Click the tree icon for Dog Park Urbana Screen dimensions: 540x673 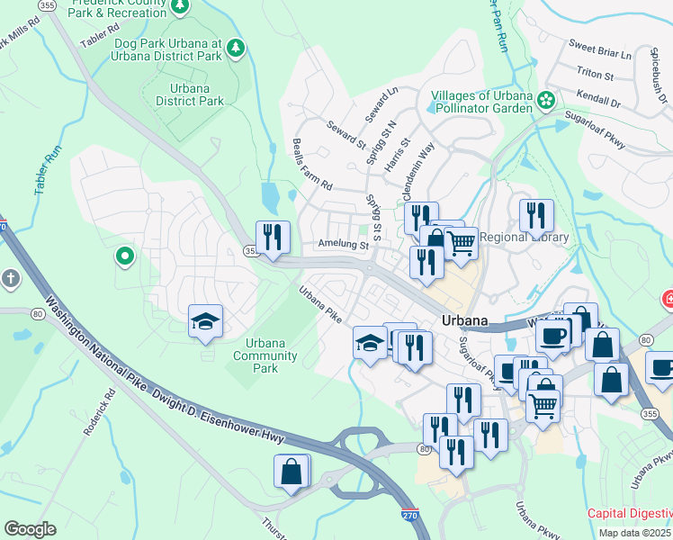pos(236,47)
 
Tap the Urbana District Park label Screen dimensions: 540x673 pos(189,94)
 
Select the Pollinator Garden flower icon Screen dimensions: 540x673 pos(545,102)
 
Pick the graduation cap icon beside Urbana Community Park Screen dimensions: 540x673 pos(205,321)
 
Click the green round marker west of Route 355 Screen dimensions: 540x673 pos(124,257)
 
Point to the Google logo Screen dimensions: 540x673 pos(30,529)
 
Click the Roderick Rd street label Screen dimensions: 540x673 pos(99,411)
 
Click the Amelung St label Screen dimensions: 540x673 pos(343,245)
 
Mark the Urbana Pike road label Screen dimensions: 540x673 pos(321,305)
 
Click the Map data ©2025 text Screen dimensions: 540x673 pos(635,533)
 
